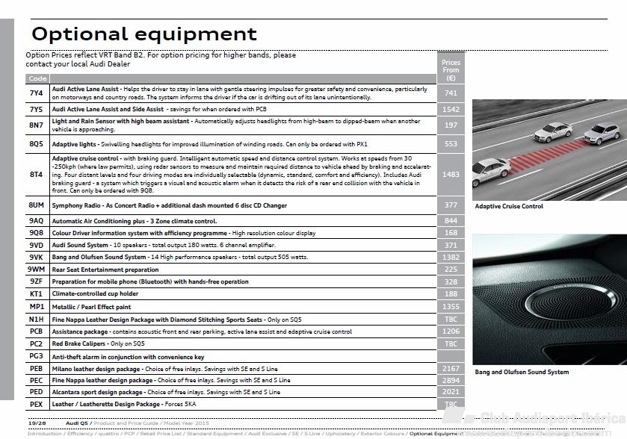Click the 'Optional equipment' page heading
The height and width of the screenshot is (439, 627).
(143, 34)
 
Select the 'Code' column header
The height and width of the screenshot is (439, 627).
(37, 78)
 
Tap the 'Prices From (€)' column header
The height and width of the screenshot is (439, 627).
(451, 70)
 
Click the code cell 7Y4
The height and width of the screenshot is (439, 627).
(37, 93)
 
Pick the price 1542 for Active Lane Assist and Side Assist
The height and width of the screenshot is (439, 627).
(451, 110)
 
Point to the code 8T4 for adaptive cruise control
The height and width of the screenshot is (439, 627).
(37, 175)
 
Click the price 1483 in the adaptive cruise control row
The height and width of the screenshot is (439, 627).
(451, 175)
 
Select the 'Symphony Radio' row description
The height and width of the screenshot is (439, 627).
(170, 205)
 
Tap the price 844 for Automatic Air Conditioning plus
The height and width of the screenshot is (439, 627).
(451, 221)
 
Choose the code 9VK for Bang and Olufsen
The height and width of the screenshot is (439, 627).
(37, 257)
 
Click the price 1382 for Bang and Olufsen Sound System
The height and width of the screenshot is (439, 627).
(451, 258)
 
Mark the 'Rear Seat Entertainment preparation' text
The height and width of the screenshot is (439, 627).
(105, 270)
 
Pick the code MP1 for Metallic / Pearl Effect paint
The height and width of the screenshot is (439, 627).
(37, 307)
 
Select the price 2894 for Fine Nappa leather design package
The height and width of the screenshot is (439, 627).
(451, 381)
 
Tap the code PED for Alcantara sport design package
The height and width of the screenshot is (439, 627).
(37, 392)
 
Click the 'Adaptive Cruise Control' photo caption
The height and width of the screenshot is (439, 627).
(509, 207)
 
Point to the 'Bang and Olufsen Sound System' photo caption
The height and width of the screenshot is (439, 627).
(522, 372)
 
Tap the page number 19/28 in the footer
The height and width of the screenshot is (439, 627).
(37, 423)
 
